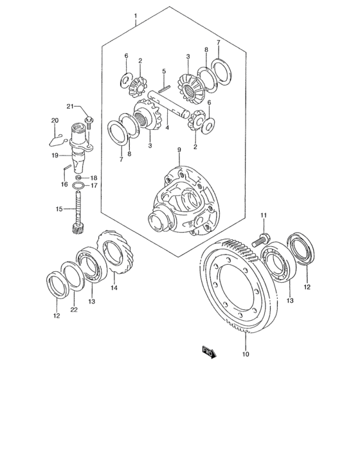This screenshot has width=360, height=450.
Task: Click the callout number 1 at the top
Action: pyautogui.click(x=136, y=15)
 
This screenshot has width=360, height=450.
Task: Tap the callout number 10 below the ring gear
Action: pyautogui.click(x=245, y=353)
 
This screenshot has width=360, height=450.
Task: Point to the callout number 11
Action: pyautogui.click(x=262, y=214)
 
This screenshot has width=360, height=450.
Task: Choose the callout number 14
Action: pyautogui.click(x=113, y=289)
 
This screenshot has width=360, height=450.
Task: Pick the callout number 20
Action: pyautogui.click(x=55, y=120)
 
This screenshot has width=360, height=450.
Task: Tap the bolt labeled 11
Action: pyautogui.click(x=260, y=240)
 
